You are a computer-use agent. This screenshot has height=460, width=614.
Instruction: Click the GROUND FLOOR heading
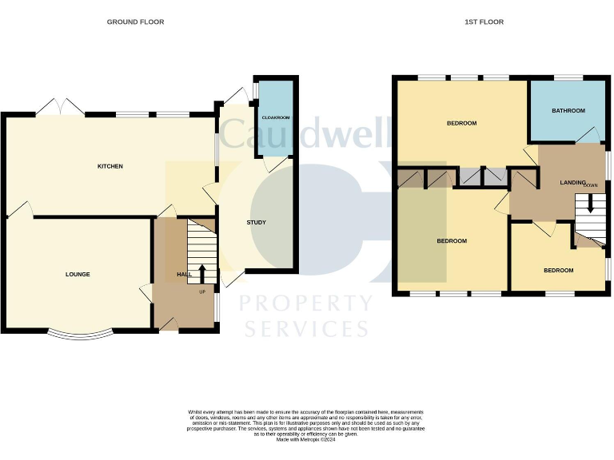[135, 22]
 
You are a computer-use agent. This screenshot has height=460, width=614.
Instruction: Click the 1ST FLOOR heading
[484, 22]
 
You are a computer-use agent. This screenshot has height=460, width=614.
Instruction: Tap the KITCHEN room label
[110, 166]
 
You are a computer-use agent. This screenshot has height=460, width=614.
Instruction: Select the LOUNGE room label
[78, 274]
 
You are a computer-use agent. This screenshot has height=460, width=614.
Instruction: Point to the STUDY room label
[256, 223]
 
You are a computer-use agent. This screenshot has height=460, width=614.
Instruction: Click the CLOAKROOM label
[275, 117]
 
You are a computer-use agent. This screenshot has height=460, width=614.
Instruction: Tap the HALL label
[184, 275]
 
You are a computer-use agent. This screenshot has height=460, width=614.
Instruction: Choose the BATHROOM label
[568, 111]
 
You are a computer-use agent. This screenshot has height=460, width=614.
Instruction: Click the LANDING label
[572, 183]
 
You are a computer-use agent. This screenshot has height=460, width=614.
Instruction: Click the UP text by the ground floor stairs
[202, 291]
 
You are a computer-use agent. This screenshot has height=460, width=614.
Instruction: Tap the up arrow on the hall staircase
[201, 272]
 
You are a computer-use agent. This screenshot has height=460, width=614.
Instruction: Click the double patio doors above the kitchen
[61, 106]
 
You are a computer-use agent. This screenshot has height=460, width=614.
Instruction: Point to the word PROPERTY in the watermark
[306, 303]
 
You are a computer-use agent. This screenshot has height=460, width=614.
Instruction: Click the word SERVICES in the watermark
[306, 328]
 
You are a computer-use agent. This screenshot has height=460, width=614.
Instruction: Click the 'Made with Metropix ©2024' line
[306, 439]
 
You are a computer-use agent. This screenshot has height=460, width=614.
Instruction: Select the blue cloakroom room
[275, 120]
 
